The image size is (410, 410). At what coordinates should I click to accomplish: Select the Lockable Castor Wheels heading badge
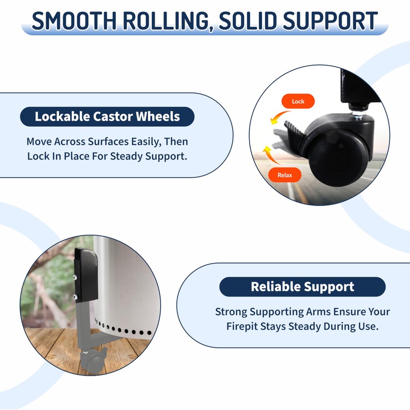click(x=107, y=116)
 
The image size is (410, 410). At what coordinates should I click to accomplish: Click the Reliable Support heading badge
click(x=302, y=286)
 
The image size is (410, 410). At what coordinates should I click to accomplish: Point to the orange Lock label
click(x=298, y=101)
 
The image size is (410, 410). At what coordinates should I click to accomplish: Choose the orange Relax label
click(x=284, y=175)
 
